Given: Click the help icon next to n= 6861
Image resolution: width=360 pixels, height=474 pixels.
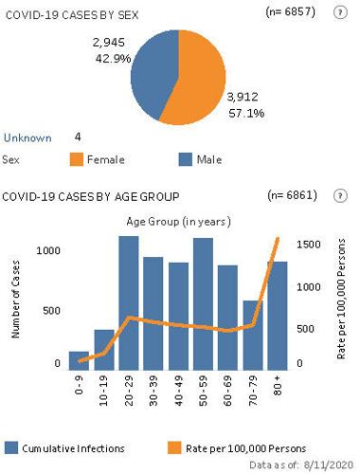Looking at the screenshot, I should click(x=339, y=195).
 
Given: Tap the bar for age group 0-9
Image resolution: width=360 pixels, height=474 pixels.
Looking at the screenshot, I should click(x=80, y=356).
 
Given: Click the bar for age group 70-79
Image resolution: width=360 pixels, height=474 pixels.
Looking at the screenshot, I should click(x=252, y=332).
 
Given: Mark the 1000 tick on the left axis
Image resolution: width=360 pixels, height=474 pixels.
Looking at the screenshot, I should click(x=46, y=250).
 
